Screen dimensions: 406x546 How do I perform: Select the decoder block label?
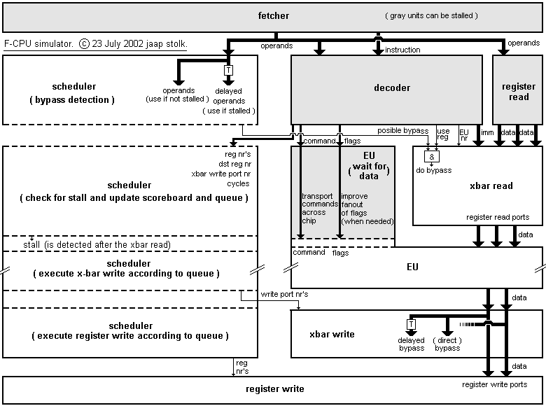click(x=392, y=88)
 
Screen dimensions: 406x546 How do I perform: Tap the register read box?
click(x=518, y=92)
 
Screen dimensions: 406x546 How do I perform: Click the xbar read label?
click(x=491, y=186)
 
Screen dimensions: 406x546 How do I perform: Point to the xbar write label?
click(x=332, y=335)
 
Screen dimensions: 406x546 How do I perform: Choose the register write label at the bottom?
click(x=274, y=389)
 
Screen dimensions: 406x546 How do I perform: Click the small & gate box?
click(x=432, y=156)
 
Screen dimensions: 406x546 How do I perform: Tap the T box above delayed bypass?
click(x=411, y=324)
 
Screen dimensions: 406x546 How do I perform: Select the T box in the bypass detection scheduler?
click(x=227, y=71)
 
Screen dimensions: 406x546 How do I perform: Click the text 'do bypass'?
click(x=435, y=170)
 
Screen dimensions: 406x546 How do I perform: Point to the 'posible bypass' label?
click(x=402, y=131)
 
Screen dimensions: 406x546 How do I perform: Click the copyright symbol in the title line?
click(x=84, y=43)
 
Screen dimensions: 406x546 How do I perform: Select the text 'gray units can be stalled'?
click(x=431, y=15)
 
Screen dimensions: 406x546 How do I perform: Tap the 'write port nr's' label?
click(x=284, y=294)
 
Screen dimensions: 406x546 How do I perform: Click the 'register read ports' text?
click(x=498, y=218)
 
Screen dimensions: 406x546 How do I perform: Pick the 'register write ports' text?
click(x=494, y=384)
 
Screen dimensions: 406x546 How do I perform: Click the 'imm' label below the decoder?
click(x=488, y=132)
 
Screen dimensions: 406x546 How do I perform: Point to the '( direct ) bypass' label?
click(x=447, y=344)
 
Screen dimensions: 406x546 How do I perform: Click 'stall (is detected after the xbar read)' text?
click(x=106, y=245)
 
